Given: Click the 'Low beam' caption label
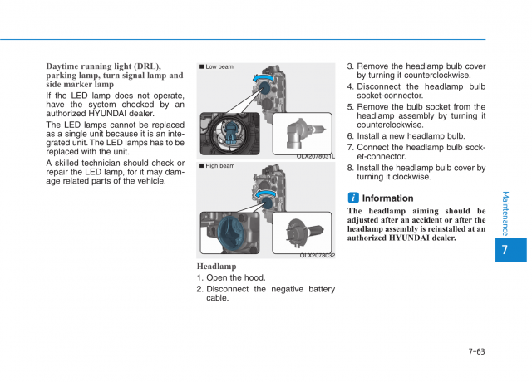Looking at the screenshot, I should point(219,66).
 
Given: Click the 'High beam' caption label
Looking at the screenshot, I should point(219,166).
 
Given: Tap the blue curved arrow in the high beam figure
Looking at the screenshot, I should point(267,196).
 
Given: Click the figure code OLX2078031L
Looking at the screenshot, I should point(315,156).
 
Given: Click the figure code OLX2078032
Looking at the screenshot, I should point(317,256).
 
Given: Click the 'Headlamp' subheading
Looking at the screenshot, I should point(216,267).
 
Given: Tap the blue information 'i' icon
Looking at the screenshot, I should point(353,198).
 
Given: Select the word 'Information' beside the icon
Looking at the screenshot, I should point(387,198).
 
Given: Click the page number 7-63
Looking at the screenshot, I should point(475,351).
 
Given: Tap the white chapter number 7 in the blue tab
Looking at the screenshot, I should point(506,249).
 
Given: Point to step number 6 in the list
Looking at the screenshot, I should point(350,136).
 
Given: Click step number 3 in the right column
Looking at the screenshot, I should point(350,66).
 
